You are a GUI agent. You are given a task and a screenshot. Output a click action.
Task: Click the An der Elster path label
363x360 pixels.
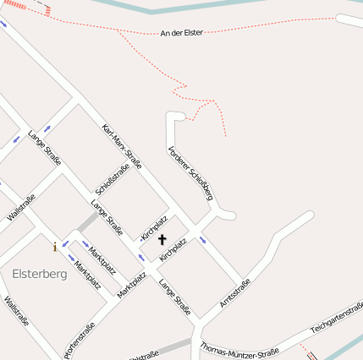tap(181, 33)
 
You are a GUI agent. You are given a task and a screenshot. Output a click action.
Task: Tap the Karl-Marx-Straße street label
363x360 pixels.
tap(121, 145)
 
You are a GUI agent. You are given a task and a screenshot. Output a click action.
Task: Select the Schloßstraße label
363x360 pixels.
tap(113, 180)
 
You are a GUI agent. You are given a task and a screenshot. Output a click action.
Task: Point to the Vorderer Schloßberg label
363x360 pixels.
tap(190, 172)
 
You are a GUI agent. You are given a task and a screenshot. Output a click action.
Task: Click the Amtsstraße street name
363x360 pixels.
tap(234, 292)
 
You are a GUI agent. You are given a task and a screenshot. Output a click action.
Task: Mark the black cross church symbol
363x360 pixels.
tap(162, 240)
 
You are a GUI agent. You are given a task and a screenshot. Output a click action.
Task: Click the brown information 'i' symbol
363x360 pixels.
tap(55, 247)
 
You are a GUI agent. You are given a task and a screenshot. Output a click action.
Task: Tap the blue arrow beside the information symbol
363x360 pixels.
tap(66, 243)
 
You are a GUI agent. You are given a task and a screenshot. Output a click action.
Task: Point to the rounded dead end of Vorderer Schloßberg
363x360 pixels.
tap(175, 116)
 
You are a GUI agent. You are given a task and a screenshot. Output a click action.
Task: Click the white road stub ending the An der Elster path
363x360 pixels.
tap(349, 20)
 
